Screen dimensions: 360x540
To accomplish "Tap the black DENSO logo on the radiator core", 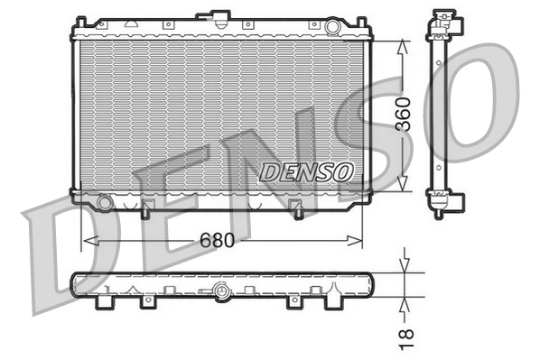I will pos(307,170).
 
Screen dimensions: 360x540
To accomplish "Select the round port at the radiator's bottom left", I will pos(106,203).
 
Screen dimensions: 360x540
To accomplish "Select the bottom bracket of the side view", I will pos(442,206).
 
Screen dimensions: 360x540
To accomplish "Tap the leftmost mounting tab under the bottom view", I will pos(107,301).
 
